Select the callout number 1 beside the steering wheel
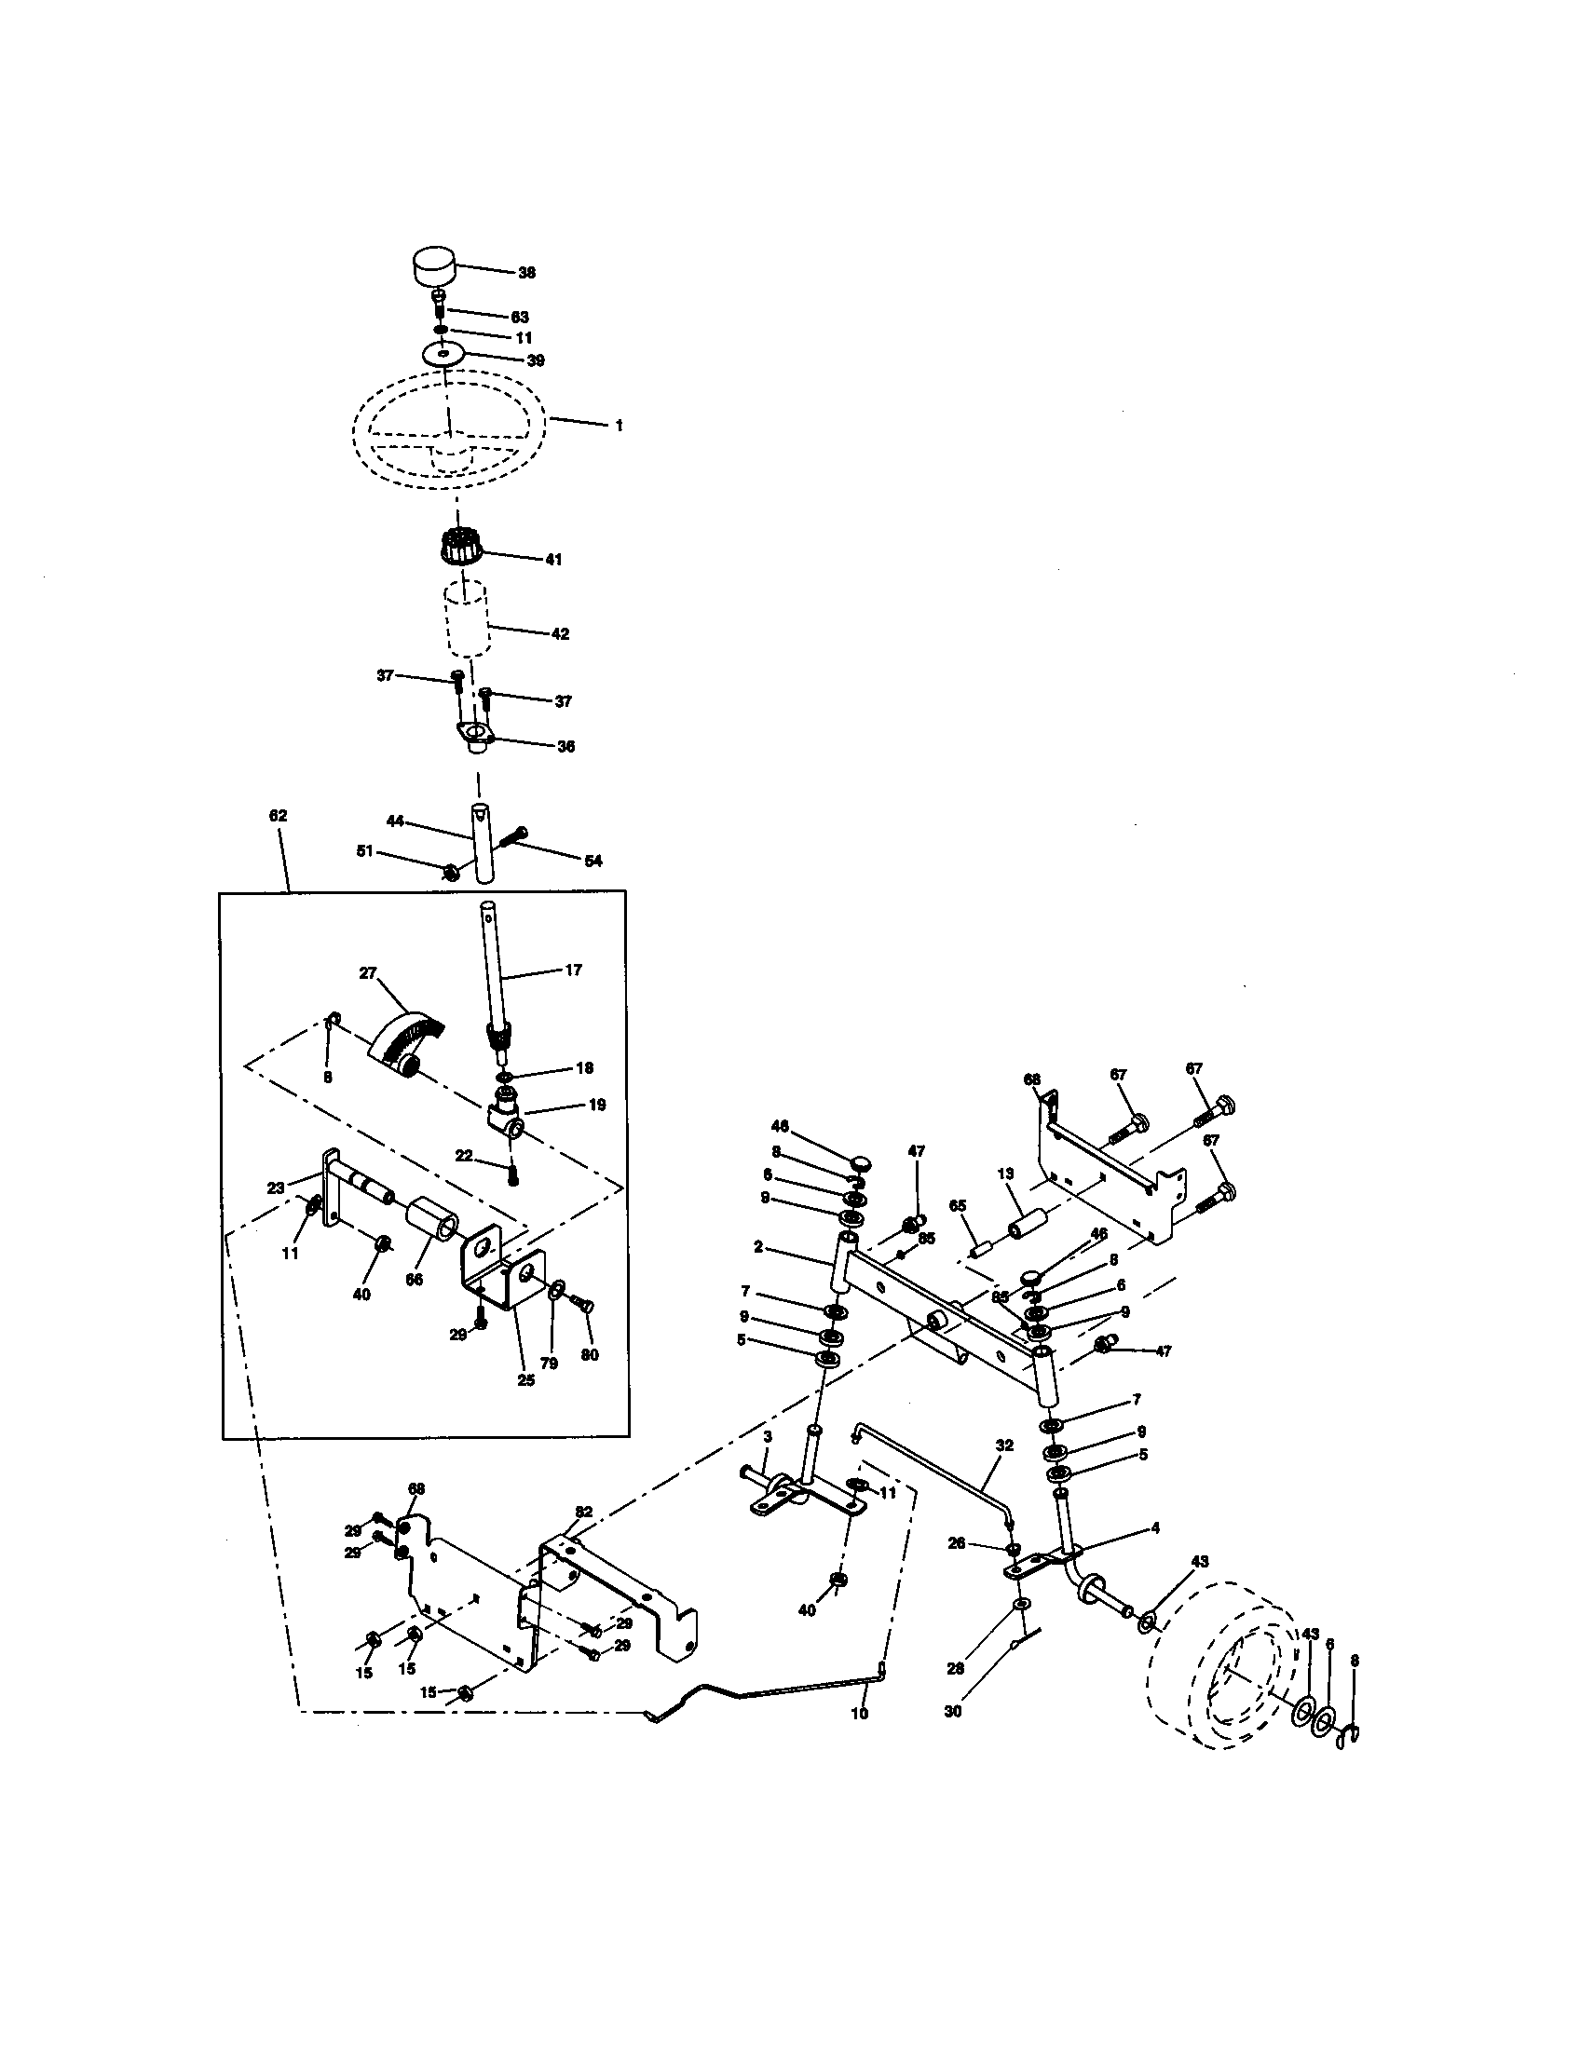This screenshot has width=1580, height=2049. pos(619,425)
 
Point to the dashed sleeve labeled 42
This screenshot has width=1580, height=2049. pos(468,619)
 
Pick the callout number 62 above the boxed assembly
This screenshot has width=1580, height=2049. pos(278,816)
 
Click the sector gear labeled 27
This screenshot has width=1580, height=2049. pos(406,1040)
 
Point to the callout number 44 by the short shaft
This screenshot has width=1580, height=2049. pos(395,821)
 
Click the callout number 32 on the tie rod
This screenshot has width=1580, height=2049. pos(1005,1445)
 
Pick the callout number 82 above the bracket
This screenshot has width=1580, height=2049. pos(583,1511)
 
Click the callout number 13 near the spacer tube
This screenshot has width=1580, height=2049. pos(1006,1174)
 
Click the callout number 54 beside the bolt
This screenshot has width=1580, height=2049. pos(593,861)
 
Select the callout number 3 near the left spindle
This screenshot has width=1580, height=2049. pos(767,1436)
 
